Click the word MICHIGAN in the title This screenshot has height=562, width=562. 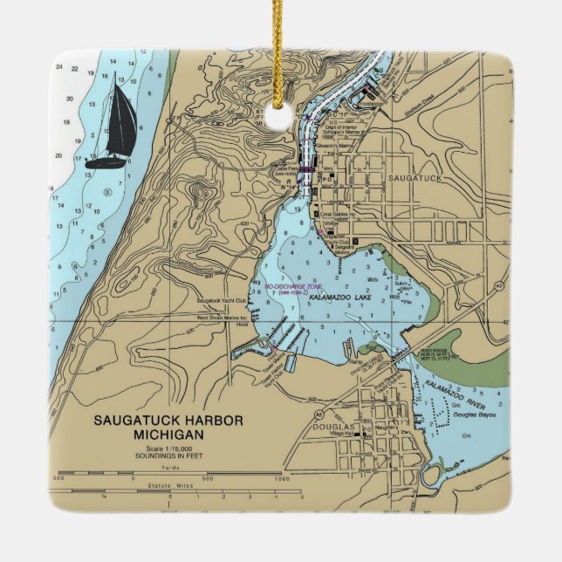click(x=169, y=435)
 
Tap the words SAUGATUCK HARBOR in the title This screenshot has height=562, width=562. click(x=169, y=421)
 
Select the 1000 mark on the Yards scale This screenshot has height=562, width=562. click(x=281, y=478)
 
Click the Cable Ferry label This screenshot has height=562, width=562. click(x=287, y=171)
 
